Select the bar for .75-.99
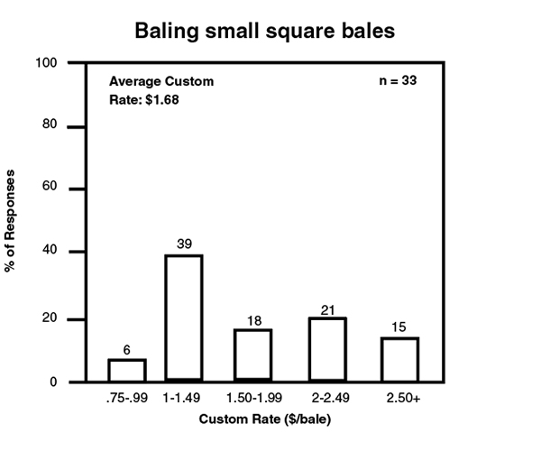127,370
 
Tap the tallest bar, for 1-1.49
183,318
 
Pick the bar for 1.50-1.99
252,354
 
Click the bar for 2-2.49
327,349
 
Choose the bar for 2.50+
399,358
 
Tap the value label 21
327,308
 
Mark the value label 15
399,327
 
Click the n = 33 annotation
398,81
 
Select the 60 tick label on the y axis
51,189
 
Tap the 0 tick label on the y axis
55,382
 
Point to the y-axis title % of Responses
12,220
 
